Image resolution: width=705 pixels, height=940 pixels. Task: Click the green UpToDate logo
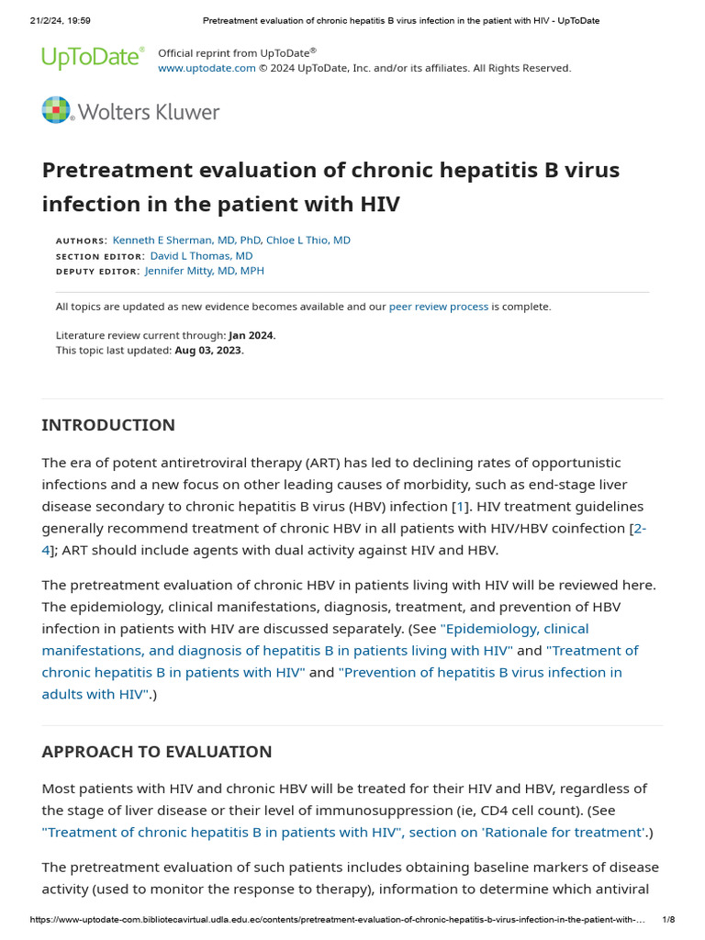[x=93, y=59]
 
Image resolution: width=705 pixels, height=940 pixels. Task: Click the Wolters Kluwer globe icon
[x=56, y=110]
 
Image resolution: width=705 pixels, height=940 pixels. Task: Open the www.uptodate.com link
[x=207, y=68]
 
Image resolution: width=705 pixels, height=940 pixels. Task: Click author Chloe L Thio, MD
[x=308, y=240]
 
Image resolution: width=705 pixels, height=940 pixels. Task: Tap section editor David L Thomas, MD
[x=201, y=255]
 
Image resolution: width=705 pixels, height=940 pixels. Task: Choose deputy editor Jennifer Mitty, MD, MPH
[x=205, y=271]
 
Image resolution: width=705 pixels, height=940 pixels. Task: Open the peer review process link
[x=439, y=307]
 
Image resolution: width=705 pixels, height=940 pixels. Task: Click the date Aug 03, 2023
[x=209, y=350]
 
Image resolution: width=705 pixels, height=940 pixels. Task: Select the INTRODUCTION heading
[x=108, y=425]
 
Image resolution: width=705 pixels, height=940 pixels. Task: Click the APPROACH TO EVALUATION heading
[x=157, y=752]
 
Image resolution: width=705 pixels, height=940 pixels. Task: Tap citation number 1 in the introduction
[x=462, y=507]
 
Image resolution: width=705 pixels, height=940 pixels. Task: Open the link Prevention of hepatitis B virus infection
[x=480, y=672]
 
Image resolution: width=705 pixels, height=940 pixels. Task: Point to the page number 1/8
[x=668, y=920]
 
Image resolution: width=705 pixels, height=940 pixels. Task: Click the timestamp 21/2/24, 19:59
[x=53, y=20]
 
